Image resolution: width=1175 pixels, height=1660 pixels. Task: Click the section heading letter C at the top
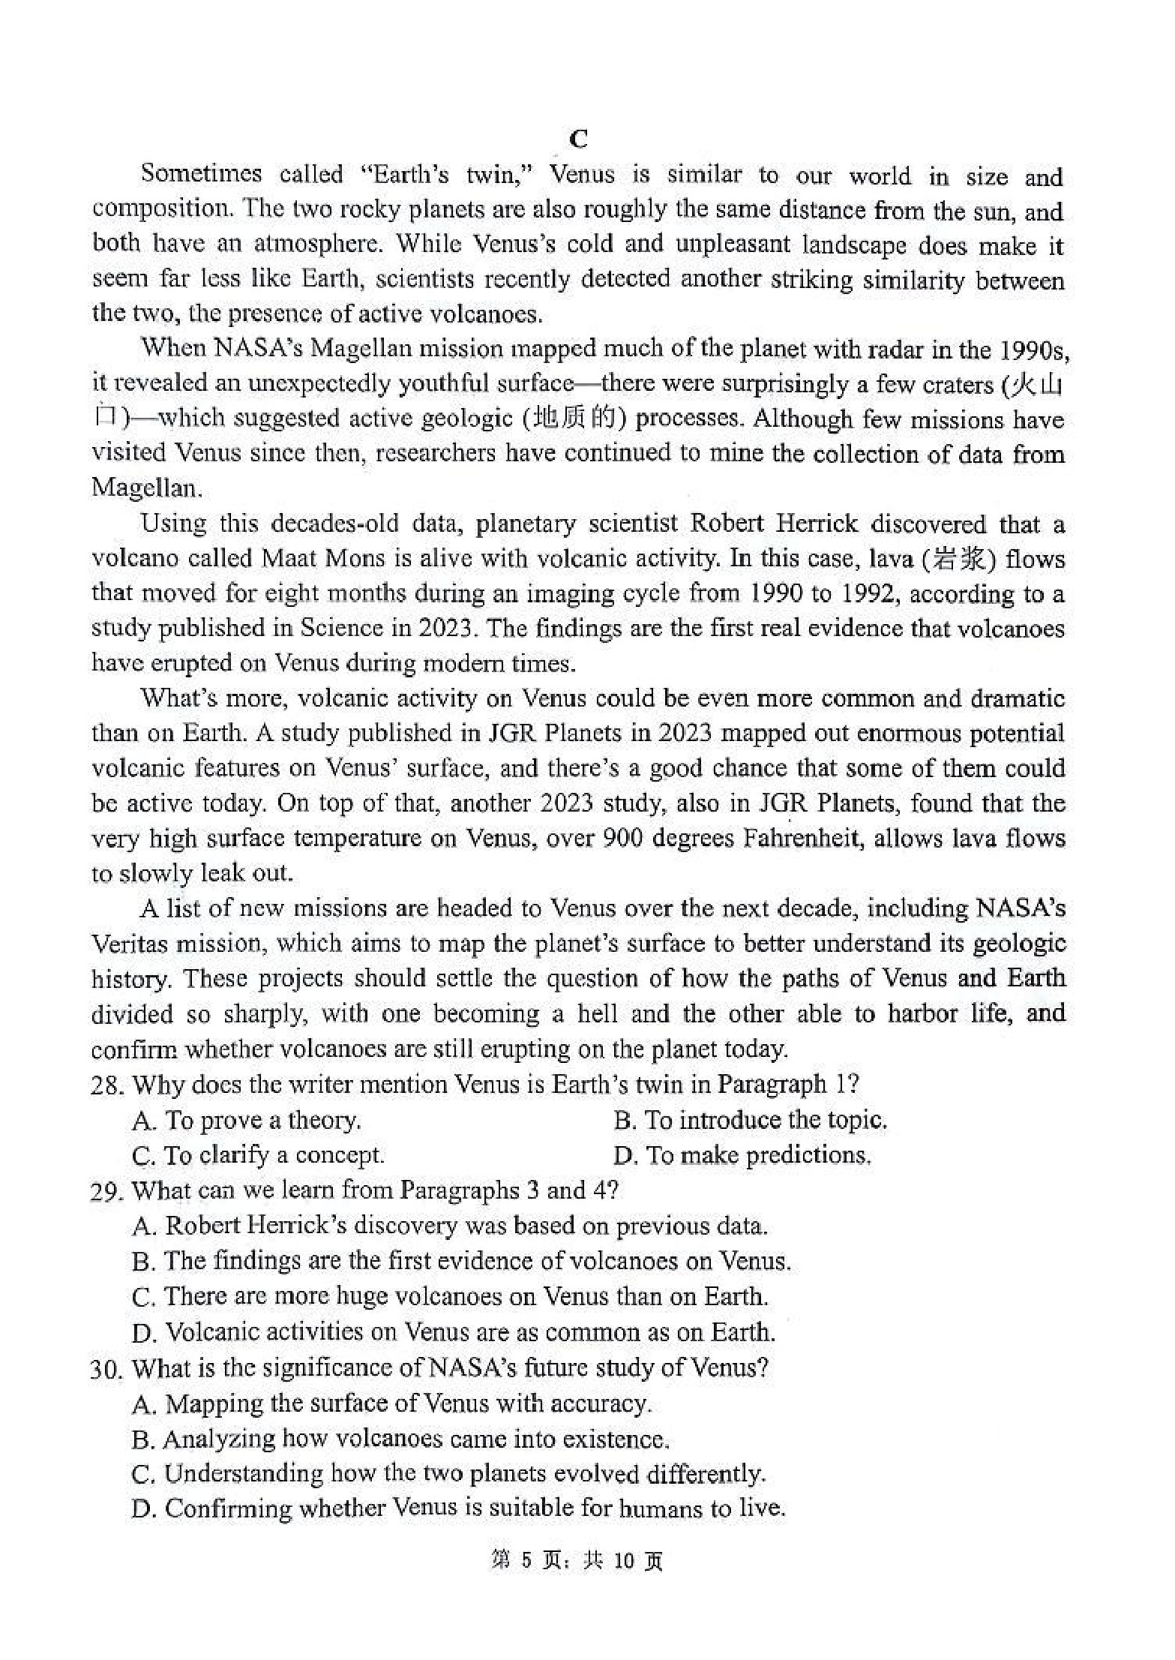point(578,140)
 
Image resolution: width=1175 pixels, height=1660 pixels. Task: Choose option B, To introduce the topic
point(750,1120)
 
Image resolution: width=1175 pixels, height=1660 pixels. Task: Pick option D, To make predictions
point(742,1155)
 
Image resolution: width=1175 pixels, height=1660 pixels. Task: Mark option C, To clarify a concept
point(258,1155)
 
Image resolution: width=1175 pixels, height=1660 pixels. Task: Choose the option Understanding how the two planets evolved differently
point(448,1474)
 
